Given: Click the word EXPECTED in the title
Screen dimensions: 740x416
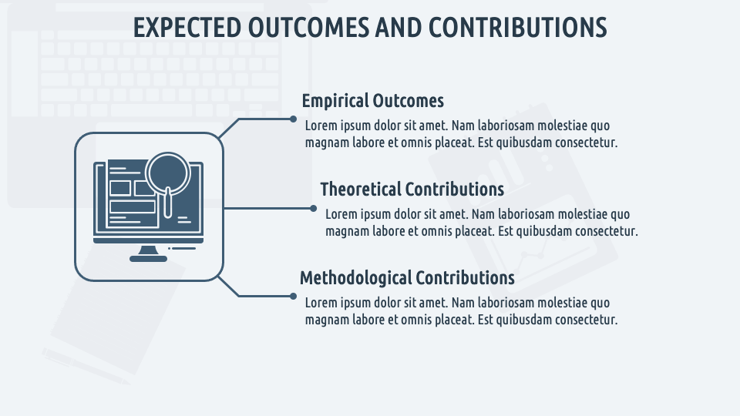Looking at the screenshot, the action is click(187, 28).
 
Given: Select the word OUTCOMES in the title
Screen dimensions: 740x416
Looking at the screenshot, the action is click(308, 28).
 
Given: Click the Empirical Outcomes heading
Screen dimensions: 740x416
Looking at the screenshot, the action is click(373, 101).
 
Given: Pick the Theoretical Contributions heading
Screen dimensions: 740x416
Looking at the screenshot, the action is click(412, 190).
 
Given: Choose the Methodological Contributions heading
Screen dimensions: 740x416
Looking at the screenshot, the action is click(407, 278).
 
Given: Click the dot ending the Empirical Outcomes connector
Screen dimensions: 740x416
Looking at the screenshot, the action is click(293, 119).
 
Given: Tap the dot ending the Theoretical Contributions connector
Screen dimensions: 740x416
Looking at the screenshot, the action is click(314, 208).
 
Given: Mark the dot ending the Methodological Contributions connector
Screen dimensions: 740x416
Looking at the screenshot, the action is click(293, 296).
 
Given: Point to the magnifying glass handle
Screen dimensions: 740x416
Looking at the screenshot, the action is click(167, 203).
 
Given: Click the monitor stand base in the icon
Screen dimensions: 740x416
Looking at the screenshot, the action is click(148, 259).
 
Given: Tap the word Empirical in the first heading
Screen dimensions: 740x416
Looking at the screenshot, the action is click(335, 101).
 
